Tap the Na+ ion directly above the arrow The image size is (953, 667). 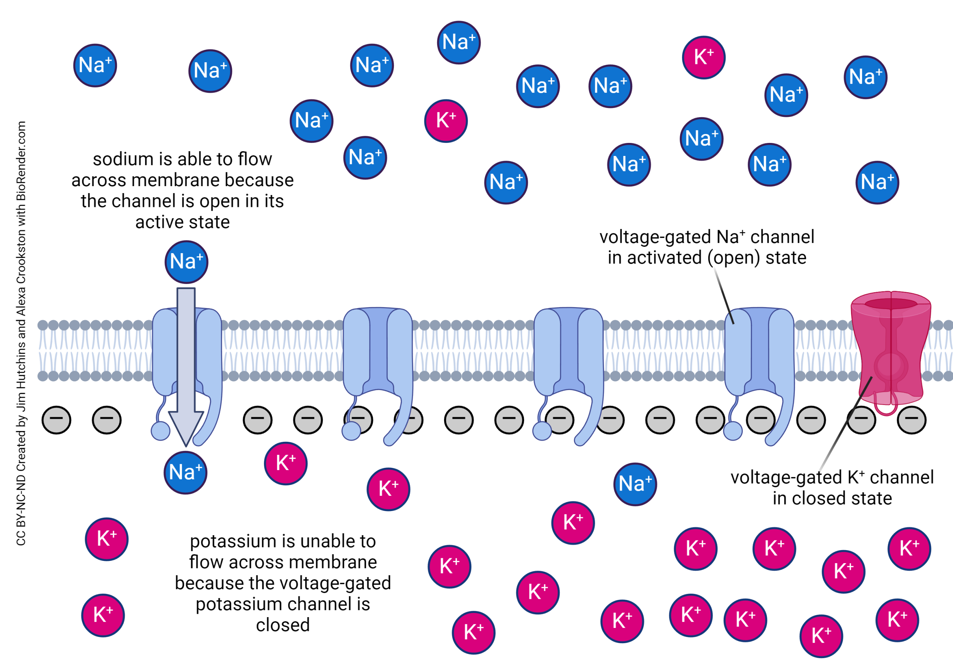tap(187, 262)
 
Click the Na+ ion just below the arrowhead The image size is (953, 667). tap(185, 473)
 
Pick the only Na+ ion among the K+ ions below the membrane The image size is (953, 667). tap(635, 484)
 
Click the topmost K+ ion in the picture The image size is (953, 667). tap(704, 57)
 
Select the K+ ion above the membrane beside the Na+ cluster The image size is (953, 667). tap(446, 121)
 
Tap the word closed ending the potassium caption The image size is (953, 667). tap(283, 625)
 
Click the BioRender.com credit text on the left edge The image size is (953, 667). tap(21, 162)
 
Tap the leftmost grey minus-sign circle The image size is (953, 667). tap(57, 420)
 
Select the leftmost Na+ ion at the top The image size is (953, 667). tap(95, 66)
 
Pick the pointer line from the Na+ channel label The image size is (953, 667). tap(724, 296)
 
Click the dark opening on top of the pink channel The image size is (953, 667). tap(890, 304)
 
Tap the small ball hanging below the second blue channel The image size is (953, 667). tap(351, 431)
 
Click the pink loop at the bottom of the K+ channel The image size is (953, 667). tap(886, 409)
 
